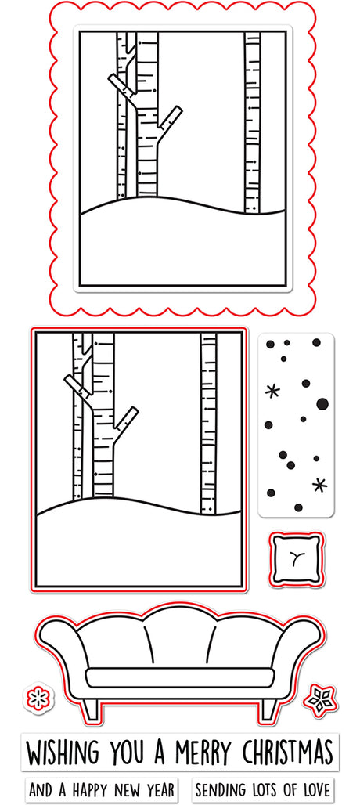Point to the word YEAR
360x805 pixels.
pos(159,789)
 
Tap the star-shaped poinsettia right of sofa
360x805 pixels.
pos(320,699)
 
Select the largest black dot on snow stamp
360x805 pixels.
pos(322,403)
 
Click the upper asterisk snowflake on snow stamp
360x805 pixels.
pos(272,392)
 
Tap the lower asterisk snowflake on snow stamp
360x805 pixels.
pos(319,484)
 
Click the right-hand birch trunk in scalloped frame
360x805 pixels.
pos(252,122)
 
